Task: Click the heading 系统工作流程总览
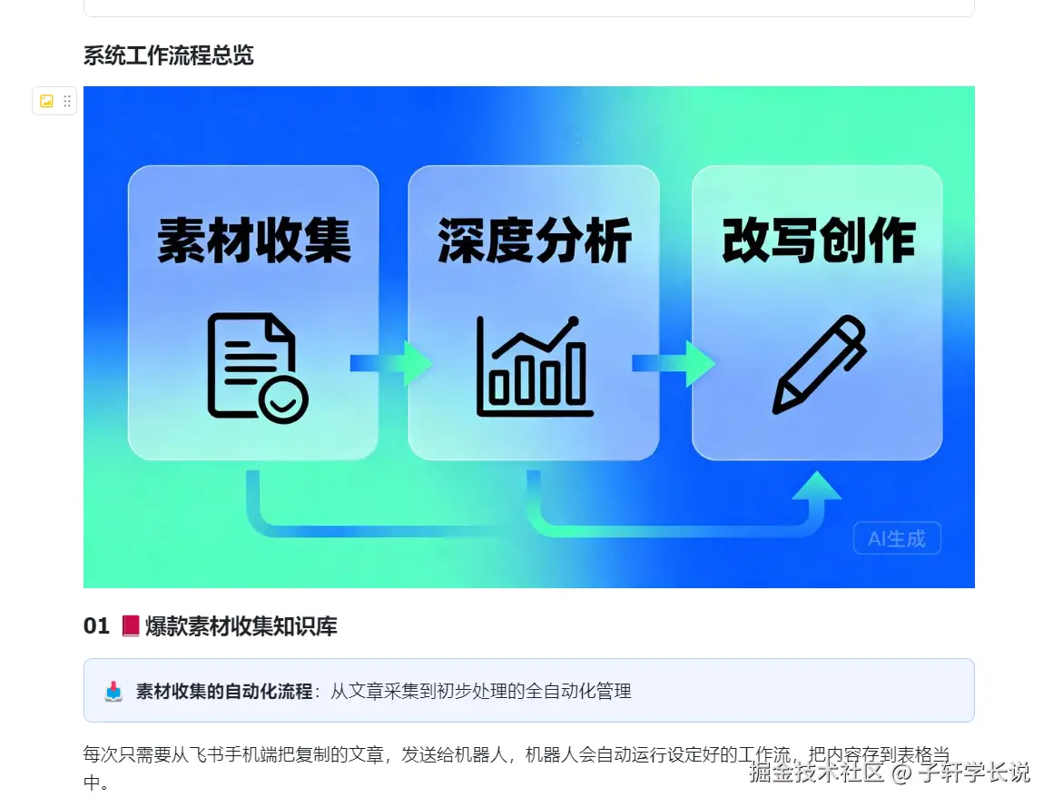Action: pyautogui.click(x=169, y=55)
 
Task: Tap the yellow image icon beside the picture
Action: pyautogui.click(x=46, y=102)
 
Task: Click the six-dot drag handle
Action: pyautogui.click(x=67, y=102)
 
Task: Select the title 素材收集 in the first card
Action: pyautogui.click(x=254, y=241)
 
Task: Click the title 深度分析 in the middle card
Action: pyautogui.click(x=535, y=241)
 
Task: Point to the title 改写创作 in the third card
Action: pyautogui.click(x=819, y=240)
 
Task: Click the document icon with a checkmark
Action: pyautogui.click(x=258, y=368)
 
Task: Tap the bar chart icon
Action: pyautogui.click(x=535, y=367)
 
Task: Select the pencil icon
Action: pyautogui.click(x=820, y=364)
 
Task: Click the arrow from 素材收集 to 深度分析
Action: pyautogui.click(x=391, y=363)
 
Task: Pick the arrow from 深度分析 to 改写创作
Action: pyautogui.click(x=674, y=363)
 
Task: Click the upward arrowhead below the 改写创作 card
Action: pyautogui.click(x=816, y=486)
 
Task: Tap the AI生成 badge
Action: pyautogui.click(x=897, y=538)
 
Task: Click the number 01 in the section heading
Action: pyautogui.click(x=96, y=626)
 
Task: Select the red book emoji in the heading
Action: pyautogui.click(x=131, y=625)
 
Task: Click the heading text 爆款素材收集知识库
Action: pyautogui.click(x=241, y=626)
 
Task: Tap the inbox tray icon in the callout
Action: pyautogui.click(x=113, y=692)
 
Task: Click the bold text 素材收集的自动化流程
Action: pyautogui.click(x=224, y=691)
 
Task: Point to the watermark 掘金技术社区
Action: pyautogui.click(x=816, y=773)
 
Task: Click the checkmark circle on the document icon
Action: pyautogui.click(x=282, y=399)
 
